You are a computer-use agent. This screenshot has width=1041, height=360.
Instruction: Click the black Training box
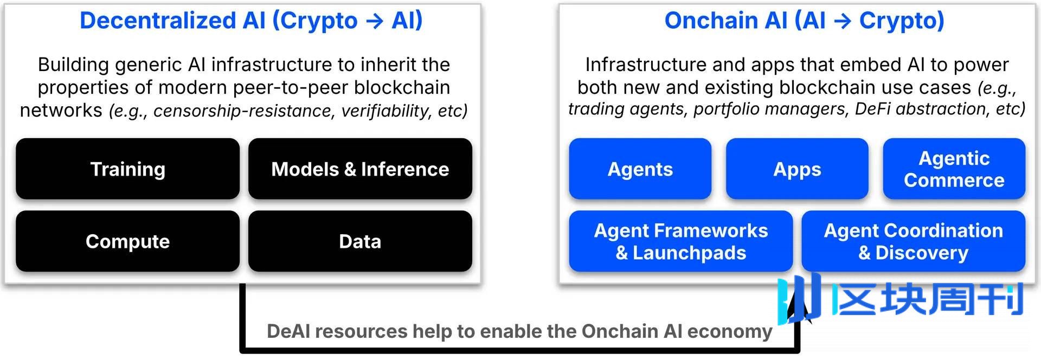[127, 169]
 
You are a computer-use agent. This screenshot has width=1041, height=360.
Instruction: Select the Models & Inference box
[360, 169]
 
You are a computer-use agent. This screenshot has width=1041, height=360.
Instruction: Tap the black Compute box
[127, 241]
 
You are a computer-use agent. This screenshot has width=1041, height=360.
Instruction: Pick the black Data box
[360, 241]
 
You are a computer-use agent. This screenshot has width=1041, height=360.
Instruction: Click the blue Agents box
[640, 169]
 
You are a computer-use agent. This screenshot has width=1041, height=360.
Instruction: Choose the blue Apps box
[797, 169]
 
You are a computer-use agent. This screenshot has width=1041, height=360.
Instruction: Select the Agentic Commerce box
[954, 169]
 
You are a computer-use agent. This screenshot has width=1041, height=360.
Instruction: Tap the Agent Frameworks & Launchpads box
[681, 241]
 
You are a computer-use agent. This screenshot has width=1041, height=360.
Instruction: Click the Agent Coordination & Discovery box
[914, 241]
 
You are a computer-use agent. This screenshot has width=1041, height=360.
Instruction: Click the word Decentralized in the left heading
[158, 21]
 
